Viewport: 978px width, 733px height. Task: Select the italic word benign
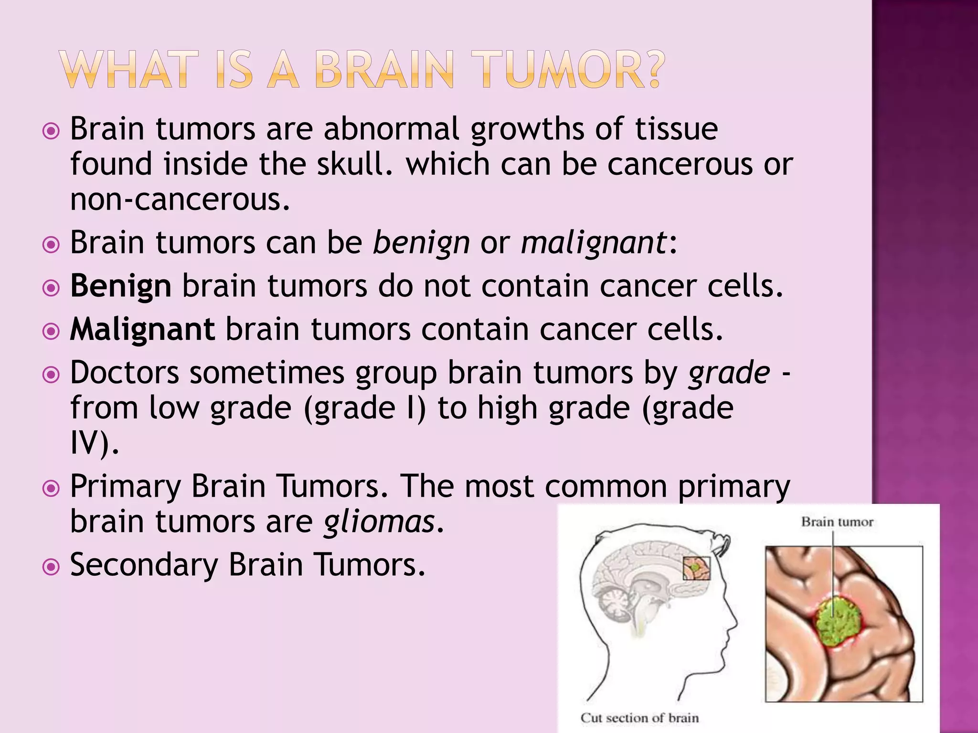(421, 242)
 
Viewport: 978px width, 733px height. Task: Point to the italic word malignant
(594, 242)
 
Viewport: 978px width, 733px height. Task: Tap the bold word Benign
(120, 286)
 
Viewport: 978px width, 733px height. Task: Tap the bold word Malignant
(142, 329)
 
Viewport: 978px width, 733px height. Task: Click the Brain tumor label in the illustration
(837, 522)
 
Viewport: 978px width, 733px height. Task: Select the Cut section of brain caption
(639, 718)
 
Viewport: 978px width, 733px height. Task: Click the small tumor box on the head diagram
(696, 568)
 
